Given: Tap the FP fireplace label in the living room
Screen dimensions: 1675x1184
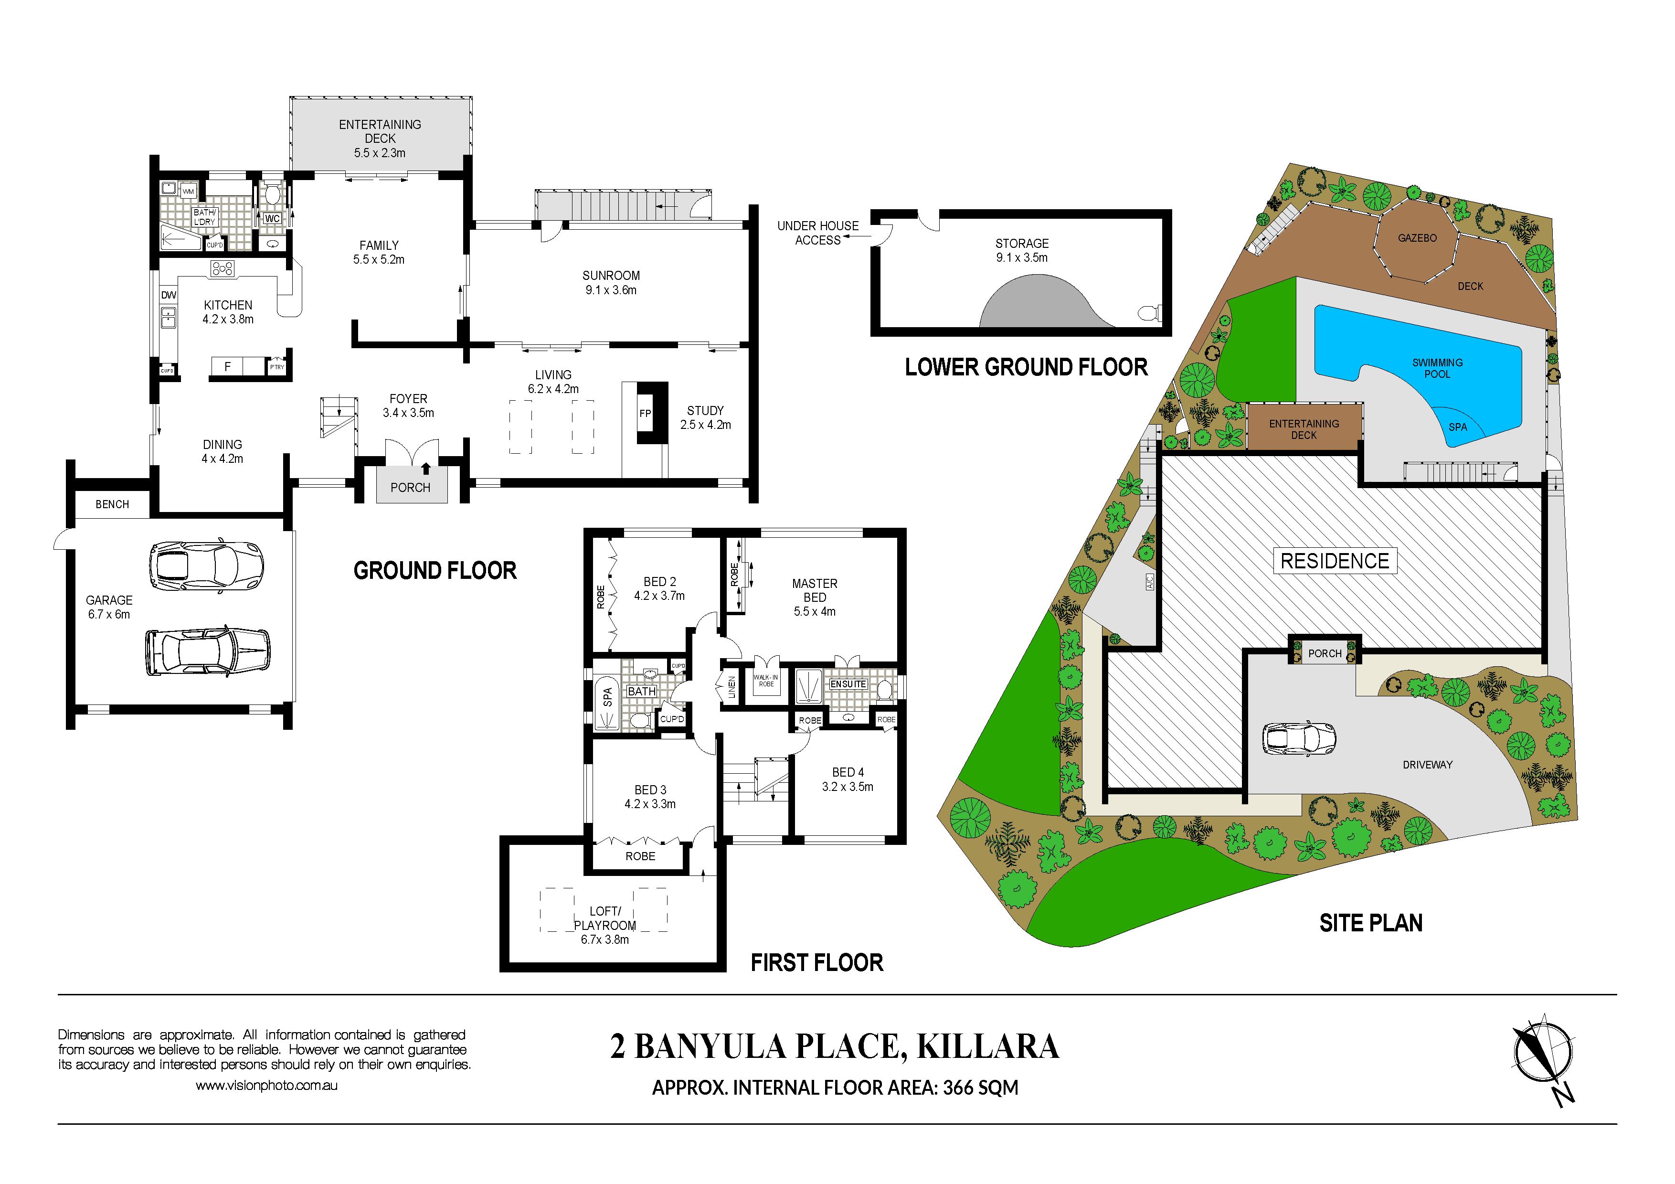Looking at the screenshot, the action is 645,414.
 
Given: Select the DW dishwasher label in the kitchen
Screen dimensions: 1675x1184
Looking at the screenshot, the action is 169,295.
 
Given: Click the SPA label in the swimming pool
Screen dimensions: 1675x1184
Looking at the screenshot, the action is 1458,427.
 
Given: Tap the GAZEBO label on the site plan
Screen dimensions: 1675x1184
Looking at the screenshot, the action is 1417,238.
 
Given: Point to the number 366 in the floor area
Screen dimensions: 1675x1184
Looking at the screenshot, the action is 959,1088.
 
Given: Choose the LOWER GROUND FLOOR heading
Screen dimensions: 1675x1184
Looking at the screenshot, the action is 1027,367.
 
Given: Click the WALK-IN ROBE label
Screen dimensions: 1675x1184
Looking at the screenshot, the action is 766,681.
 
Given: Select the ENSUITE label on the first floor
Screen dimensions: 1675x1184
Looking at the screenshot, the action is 848,684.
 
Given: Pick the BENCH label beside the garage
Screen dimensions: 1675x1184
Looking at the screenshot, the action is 112,504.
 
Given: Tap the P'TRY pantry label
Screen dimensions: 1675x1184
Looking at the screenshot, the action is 277,367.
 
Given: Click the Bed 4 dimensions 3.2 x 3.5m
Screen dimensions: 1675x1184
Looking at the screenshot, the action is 848,787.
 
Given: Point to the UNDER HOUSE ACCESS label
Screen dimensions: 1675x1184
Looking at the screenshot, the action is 818,233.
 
